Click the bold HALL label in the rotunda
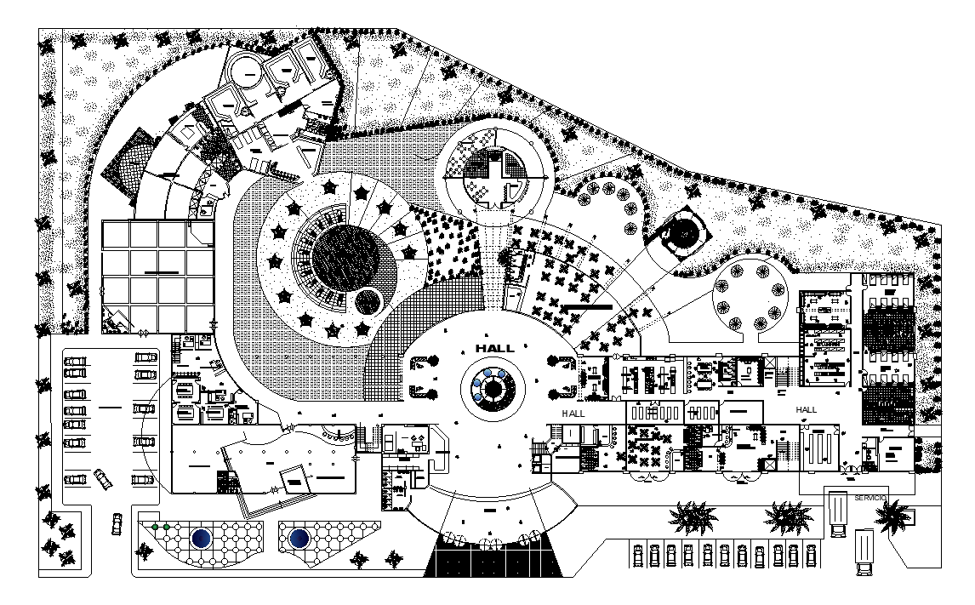point(494,349)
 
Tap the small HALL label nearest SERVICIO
point(806,410)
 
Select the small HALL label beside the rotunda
point(573,413)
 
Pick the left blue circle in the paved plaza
point(202,539)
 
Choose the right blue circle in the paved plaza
point(299,539)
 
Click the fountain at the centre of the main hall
point(490,388)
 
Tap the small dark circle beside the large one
point(368,300)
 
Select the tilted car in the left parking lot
point(103,479)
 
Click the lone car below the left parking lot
point(116,523)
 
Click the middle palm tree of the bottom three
point(788,516)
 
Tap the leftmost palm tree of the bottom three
point(693,517)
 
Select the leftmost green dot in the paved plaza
point(156,528)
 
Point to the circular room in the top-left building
point(246,69)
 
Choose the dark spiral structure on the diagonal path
point(683,231)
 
